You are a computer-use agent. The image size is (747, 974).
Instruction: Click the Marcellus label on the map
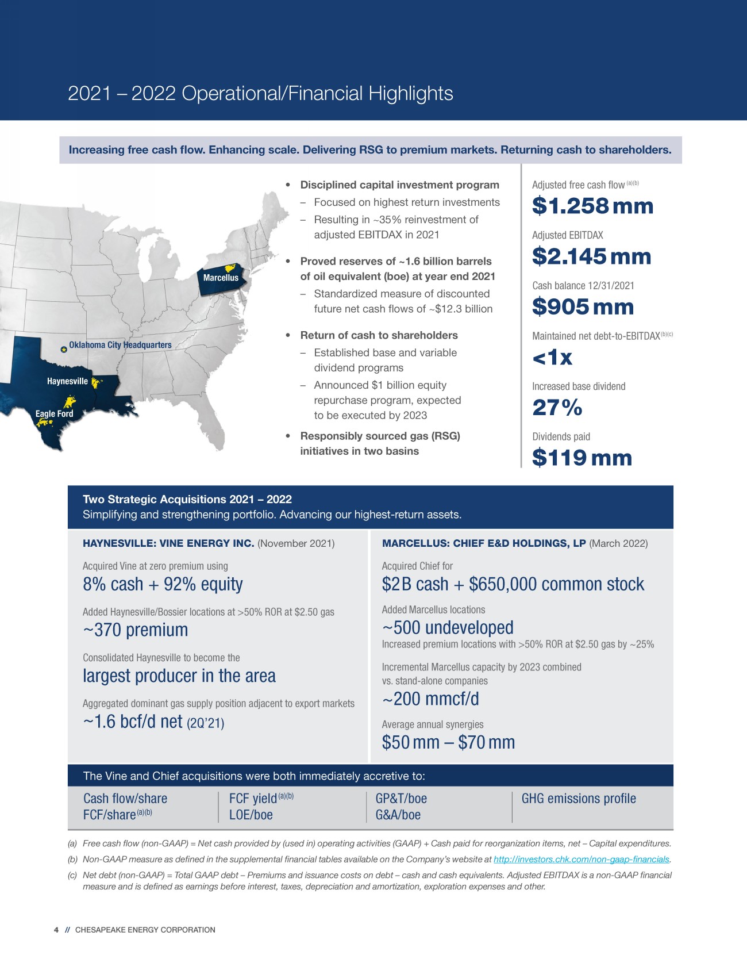tap(221, 278)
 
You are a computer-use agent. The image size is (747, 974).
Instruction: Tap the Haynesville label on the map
tap(67, 381)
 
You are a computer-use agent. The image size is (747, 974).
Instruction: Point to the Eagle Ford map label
tap(54, 413)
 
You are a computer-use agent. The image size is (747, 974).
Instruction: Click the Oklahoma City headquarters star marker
tap(64, 349)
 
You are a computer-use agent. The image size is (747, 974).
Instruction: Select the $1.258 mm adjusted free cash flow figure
tap(592, 206)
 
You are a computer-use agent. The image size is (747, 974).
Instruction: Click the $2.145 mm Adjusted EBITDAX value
tap(591, 256)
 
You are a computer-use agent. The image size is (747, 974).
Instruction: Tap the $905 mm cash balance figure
tap(583, 306)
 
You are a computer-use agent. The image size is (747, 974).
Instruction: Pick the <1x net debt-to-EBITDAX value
tap(552, 357)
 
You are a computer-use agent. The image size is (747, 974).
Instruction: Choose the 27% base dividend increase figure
tap(557, 408)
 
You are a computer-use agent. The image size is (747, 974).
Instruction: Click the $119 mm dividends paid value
tap(582, 458)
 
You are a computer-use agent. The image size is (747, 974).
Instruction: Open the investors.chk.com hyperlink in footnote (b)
tap(582, 859)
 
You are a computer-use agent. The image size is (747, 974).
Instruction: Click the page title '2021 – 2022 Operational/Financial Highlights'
tap(260, 93)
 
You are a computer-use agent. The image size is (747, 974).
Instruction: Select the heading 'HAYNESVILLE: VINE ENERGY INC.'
tap(168, 543)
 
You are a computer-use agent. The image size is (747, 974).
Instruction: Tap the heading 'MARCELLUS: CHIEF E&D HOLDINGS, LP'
tap(484, 543)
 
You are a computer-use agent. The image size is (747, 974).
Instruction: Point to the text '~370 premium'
tap(136, 630)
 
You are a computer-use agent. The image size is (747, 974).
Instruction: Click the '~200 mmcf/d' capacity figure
tap(430, 699)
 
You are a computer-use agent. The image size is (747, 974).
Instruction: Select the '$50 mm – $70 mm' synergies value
tap(448, 742)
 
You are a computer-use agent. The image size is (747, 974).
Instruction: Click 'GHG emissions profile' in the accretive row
tap(579, 799)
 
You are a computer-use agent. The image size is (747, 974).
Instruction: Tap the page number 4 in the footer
tap(56, 930)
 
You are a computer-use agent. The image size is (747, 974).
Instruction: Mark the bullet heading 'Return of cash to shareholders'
tap(379, 335)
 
